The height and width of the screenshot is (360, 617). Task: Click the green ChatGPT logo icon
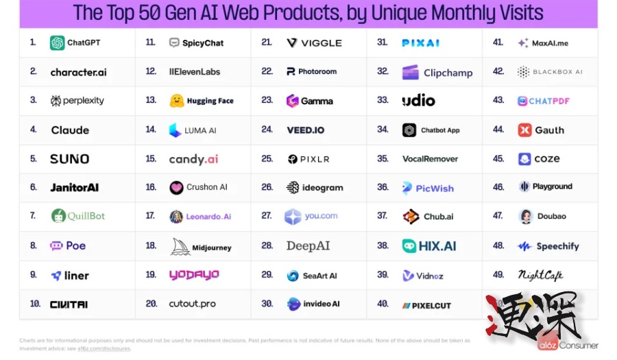click(x=57, y=43)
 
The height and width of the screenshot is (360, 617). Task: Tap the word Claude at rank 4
click(x=70, y=130)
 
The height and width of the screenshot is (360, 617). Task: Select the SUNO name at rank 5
click(x=69, y=159)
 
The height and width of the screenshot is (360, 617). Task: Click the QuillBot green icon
click(x=58, y=216)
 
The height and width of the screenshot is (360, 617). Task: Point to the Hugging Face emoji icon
click(x=177, y=101)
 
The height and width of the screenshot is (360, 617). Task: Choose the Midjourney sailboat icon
click(x=180, y=247)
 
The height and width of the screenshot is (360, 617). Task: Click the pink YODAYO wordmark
click(x=194, y=275)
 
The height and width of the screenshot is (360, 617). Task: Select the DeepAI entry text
click(x=308, y=245)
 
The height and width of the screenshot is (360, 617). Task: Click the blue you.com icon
click(x=293, y=217)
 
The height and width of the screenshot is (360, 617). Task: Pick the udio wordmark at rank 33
click(x=418, y=101)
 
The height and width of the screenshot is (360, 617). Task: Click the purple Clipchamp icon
click(x=410, y=72)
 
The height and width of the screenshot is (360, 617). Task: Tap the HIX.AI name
click(x=437, y=245)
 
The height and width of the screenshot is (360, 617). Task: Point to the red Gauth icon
click(x=524, y=130)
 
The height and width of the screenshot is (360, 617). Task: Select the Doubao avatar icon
click(x=526, y=216)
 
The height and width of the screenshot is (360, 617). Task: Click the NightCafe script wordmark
click(x=540, y=275)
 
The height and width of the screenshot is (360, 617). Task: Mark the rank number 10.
click(x=35, y=304)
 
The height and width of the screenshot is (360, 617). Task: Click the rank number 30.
click(x=267, y=304)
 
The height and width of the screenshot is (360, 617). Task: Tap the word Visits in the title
click(x=515, y=12)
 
